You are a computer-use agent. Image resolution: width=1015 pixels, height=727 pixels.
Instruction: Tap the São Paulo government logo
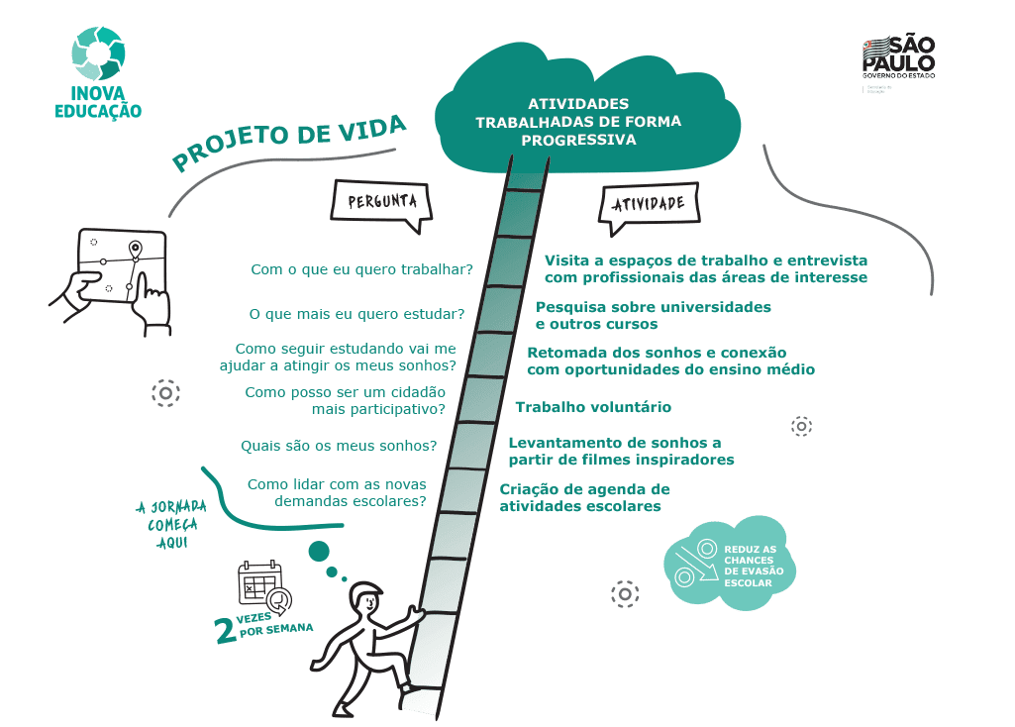[897, 59]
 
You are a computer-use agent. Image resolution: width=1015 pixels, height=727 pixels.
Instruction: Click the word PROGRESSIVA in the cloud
[578, 140]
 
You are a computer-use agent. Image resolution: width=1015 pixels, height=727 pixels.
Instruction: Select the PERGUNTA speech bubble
[381, 202]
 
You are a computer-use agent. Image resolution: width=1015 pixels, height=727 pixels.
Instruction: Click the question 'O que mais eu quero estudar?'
[355, 314]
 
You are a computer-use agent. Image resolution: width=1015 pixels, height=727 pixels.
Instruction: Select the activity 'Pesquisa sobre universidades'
[653, 307]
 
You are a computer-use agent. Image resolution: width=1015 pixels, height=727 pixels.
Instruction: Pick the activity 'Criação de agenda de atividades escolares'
[585, 497]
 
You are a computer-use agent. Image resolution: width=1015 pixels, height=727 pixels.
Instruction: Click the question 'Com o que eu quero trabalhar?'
[360, 268]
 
